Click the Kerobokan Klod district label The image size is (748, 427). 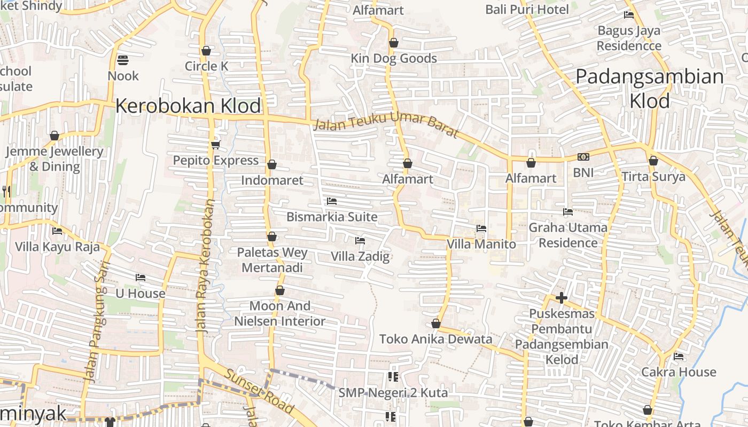tap(188, 106)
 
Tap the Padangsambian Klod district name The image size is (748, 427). tap(650, 88)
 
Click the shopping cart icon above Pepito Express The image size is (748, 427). tap(216, 145)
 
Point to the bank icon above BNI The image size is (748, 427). tap(583, 157)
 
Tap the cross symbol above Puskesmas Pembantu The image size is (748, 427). tap(561, 297)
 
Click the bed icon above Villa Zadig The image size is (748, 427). tap(360, 241)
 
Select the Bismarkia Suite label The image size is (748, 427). tap(332, 217)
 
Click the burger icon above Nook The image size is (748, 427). tap(123, 60)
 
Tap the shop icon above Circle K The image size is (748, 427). tap(206, 51)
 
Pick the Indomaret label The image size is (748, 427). tap(272, 180)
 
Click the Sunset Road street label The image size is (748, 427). tap(259, 391)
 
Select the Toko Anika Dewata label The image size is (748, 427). tap(435, 339)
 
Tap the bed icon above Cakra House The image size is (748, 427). tap(679, 356)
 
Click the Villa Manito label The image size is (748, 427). tap(481, 244)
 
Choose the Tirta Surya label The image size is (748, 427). tap(653, 177)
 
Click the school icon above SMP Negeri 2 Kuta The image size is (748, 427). tap(393, 377)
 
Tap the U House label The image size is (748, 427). tap(141, 294)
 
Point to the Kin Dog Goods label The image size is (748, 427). tap(394, 59)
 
